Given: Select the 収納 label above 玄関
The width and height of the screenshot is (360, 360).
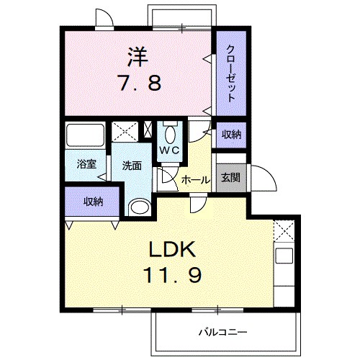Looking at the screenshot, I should (x=230, y=135).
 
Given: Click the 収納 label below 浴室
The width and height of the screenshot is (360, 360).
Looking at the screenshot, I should (x=92, y=202).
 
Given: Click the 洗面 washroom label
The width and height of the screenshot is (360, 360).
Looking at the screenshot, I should (x=131, y=165).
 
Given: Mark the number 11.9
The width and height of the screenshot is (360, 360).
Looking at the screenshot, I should (x=174, y=276).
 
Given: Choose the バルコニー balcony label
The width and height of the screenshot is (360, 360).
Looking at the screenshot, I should (x=222, y=333).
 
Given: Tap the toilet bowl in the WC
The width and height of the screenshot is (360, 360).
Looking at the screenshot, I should (x=170, y=133).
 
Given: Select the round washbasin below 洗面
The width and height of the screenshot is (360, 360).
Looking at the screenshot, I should (x=138, y=207).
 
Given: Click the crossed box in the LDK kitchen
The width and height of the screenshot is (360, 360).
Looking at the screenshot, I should (x=284, y=231).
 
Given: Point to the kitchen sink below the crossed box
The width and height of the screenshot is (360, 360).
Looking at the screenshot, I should (x=284, y=255).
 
